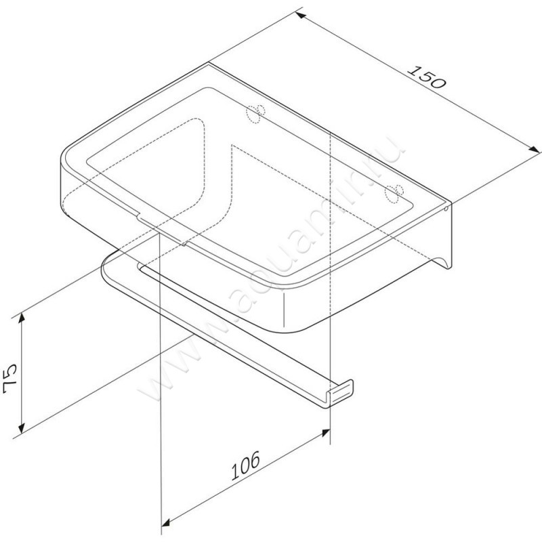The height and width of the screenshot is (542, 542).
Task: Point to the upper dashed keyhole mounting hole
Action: (256, 112)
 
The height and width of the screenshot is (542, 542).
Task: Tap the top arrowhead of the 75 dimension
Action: (23, 317)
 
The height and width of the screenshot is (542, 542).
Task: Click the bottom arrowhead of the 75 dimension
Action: (23, 427)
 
